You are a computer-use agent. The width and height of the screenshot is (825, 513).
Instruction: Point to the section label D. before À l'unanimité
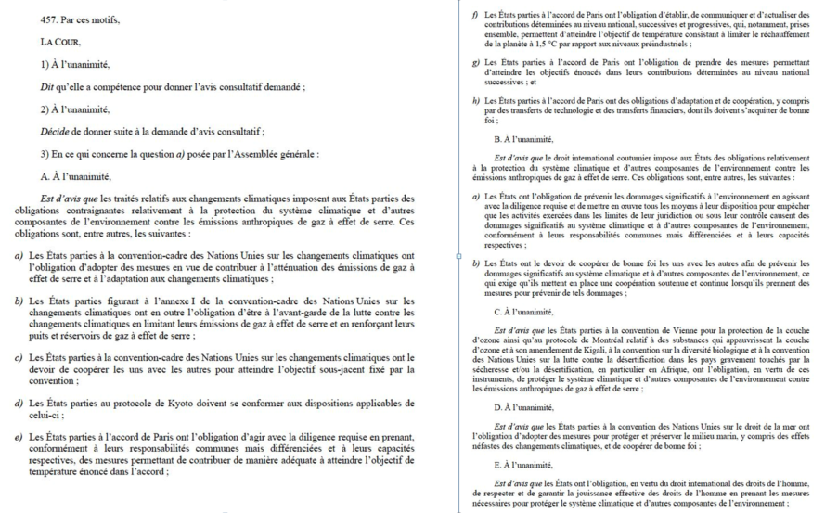click(x=499, y=407)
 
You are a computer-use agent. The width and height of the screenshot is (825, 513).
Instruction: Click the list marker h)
click(x=475, y=100)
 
